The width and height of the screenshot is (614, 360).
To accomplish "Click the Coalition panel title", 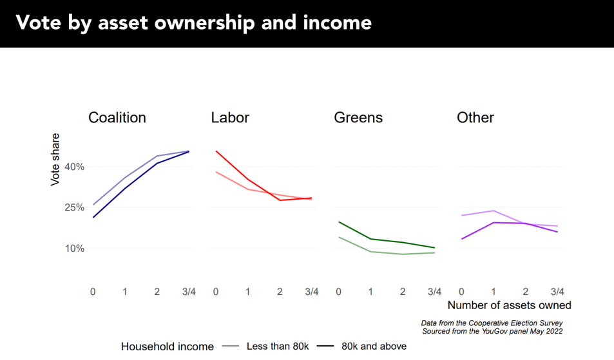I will click(117, 118).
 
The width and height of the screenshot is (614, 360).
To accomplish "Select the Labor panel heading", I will click(230, 118).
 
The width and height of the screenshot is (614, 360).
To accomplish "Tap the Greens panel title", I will click(358, 118).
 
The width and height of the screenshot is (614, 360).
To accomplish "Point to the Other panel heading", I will click(475, 118).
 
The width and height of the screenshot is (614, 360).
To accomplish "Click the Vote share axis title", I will click(55, 160).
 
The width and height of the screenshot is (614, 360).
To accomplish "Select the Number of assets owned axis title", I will click(509, 305).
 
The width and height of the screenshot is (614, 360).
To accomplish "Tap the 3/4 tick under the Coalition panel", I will click(189, 291).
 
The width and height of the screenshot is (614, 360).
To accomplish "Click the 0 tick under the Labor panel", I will click(215, 291).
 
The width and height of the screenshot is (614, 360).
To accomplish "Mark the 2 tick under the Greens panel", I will click(403, 291).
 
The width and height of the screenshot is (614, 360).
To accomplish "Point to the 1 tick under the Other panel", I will click(494, 291).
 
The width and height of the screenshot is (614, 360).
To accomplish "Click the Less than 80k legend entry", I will click(278, 346).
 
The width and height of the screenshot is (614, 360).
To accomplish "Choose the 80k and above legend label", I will click(374, 346).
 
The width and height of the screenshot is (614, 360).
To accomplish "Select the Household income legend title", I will click(167, 346).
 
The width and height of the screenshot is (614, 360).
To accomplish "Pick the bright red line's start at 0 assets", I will click(216, 151).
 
